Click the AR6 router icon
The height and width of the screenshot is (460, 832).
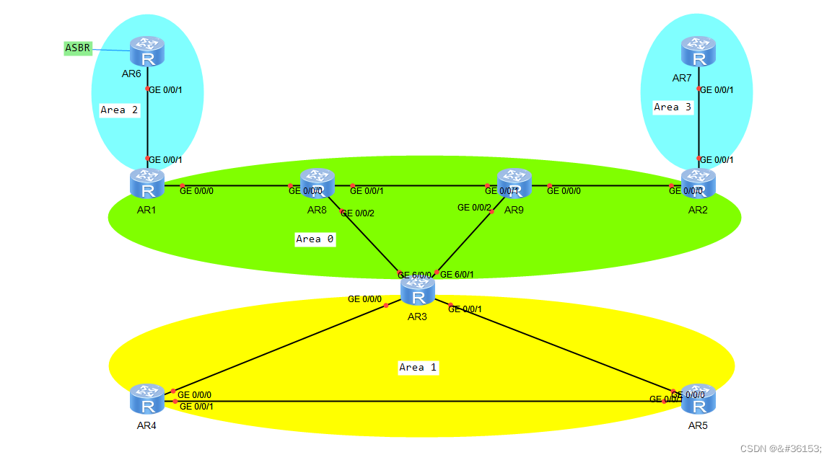[x=147, y=52]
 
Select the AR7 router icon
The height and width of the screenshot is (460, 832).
[x=698, y=52]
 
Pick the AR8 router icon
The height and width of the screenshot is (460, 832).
[x=318, y=183]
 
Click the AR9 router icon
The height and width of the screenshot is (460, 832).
[x=514, y=183]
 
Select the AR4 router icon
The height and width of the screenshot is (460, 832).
[x=147, y=399]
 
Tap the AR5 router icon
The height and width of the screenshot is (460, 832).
[x=698, y=399]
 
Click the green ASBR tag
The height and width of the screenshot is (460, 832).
[x=78, y=48]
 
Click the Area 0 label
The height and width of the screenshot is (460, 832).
[x=315, y=239]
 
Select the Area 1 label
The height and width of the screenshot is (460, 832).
[x=418, y=367]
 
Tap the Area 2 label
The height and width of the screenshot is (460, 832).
[x=119, y=110]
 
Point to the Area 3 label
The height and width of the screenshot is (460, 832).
[x=673, y=107]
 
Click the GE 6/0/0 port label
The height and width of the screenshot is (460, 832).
[x=414, y=275]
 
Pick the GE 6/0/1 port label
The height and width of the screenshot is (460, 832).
[x=457, y=275]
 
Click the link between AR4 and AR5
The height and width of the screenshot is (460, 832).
[x=419, y=401]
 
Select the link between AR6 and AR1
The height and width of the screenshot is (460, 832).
[x=147, y=123]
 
